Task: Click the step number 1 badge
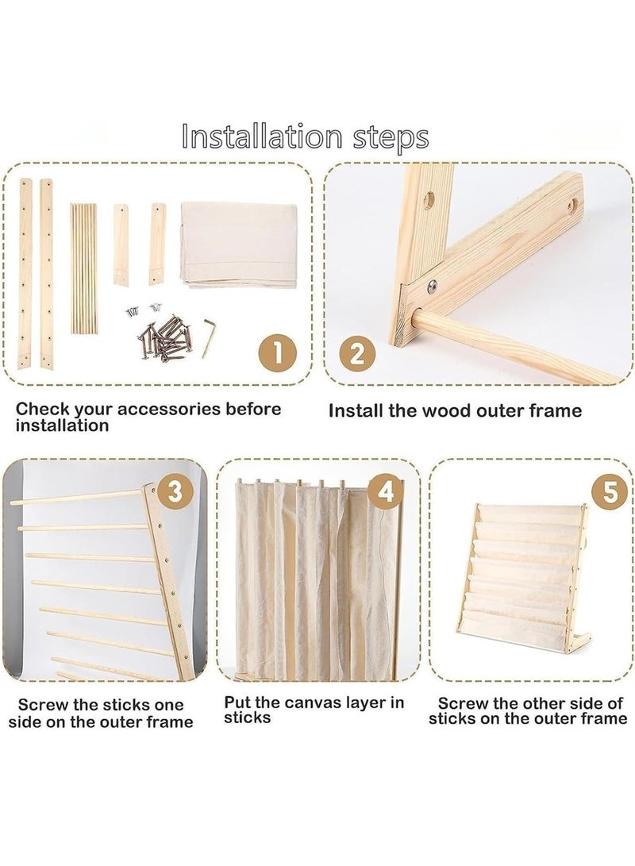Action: click(278, 352)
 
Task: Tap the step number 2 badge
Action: click(357, 352)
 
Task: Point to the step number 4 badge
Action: click(386, 491)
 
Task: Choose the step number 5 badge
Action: click(610, 491)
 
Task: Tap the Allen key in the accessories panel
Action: click(208, 337)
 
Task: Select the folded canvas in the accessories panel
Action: click(239, 244)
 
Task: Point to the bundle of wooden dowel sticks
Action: click(83, 268)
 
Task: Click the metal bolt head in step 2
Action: click(432, 285)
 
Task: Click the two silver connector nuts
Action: click(140, 311)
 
